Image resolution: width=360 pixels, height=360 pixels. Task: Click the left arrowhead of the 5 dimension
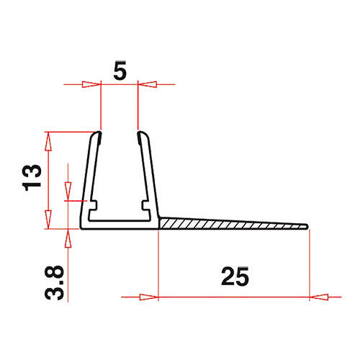tap(91, 84)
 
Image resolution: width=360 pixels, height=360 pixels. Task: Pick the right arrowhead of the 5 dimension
tap(147, 84)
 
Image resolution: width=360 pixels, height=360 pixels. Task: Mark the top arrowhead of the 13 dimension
tap(49, 138)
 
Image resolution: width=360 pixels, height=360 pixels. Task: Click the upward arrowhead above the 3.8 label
tap(68, 236)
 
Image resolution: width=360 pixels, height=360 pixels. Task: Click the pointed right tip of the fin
tap(307, 227)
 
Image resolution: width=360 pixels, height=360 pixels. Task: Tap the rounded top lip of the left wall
tap(97, 134)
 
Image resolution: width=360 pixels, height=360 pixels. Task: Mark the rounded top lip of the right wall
tap(141, 134)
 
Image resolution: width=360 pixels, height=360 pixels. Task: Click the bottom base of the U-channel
tap(120, 226)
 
